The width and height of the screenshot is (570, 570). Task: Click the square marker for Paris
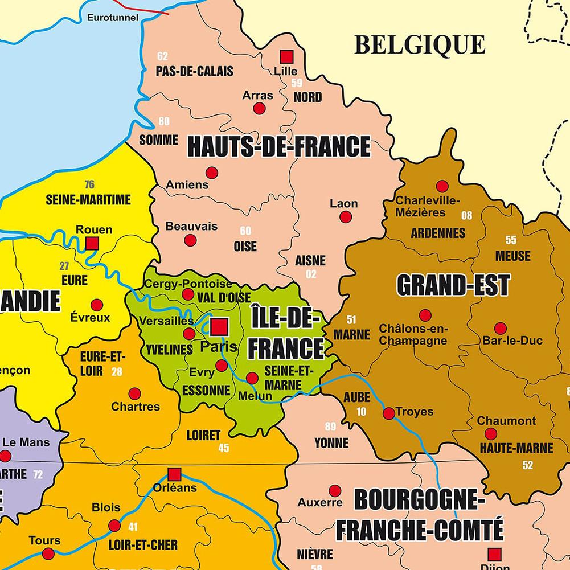click(x=219, y=327)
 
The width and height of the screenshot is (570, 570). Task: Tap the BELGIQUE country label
click(x=420, y=44)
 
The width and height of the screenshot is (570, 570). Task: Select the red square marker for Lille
click(x=286, y=57)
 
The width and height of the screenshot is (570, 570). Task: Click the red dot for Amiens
click(x=212, y=173)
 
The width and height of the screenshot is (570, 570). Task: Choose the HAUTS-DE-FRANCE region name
click(x=279, y=147)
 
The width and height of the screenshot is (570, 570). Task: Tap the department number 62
click(x=163, y=56)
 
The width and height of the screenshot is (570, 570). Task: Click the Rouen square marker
click(x=92, y=244)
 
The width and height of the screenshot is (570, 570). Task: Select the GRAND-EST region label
click(x=453, y=285)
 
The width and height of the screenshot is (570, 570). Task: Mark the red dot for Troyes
click(x=389, y=413)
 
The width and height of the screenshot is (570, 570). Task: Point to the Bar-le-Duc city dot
click(x=500, y=329)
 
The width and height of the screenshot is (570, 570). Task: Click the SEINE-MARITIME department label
click(x=88, y=200)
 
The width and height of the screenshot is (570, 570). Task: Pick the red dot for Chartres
click(x=135, y=393)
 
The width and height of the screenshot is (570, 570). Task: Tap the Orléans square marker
click(x=174, y=474)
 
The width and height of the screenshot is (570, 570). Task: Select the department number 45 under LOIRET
click(x=224, y=448)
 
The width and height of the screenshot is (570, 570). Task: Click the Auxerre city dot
click(x=335, y=490)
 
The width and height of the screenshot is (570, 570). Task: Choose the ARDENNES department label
click(x=438, y=233)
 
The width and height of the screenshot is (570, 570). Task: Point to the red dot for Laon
click(x=346, y=216)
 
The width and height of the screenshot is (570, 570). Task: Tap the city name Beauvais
click(x=191, y=226)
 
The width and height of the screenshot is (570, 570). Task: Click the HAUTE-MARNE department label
click(x=516, y=448)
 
